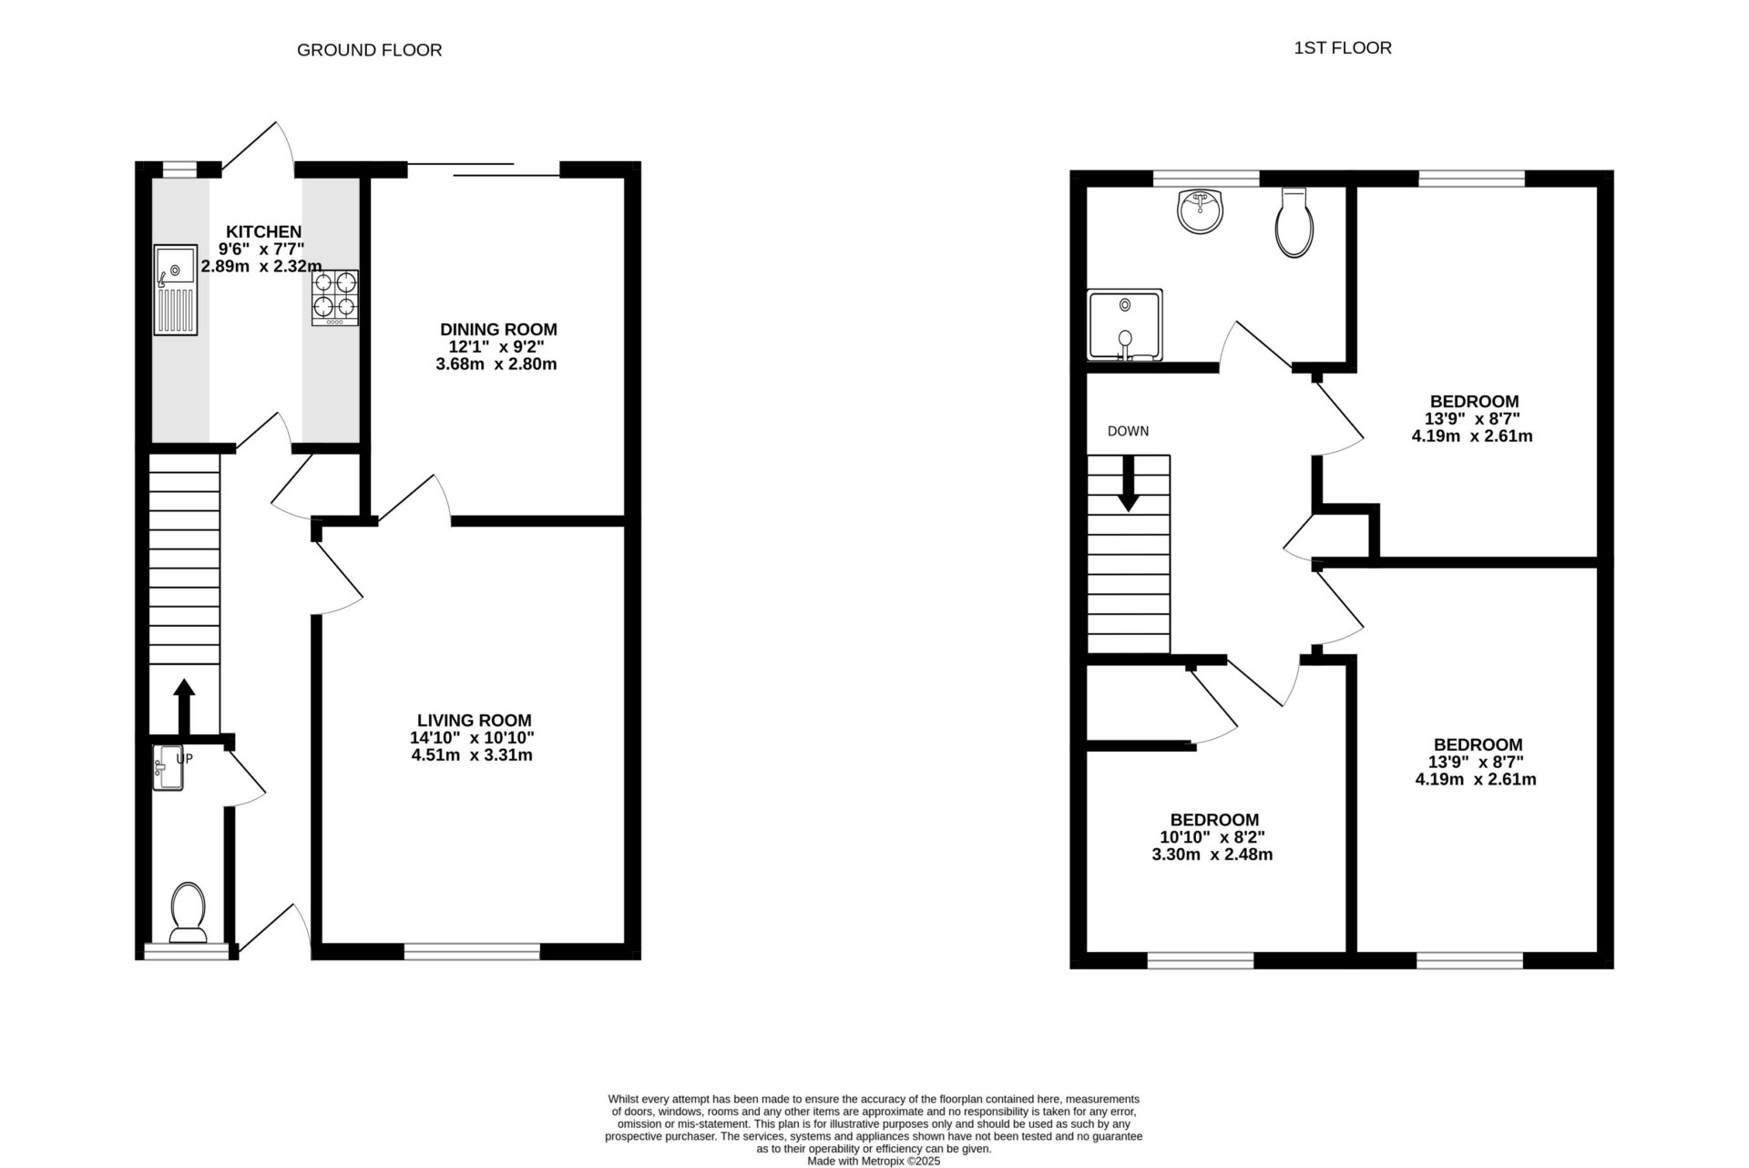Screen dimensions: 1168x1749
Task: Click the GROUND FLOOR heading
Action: point(369,50)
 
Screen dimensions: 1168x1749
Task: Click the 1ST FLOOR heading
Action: point(1342,48)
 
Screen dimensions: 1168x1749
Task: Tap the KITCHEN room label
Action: point(263,232)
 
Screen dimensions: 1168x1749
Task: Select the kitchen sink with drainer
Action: point(176,290)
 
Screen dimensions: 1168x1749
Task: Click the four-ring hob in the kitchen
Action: point(334,298)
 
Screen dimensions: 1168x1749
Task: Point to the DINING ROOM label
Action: point(497,330)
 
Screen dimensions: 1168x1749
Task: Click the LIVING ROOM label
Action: point(474,721)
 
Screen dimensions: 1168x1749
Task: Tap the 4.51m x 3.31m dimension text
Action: point(472,755)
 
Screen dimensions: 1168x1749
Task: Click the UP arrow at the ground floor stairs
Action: point(184,705)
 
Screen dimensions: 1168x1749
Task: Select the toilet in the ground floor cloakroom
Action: point(189,910)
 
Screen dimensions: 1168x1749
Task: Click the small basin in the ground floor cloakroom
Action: point(168,767)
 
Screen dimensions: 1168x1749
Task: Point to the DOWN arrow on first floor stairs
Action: point(1128,483)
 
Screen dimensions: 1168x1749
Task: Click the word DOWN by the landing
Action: point(1128,432)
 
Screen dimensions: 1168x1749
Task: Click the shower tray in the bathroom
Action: point(1124,325)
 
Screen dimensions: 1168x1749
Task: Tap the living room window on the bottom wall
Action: point(472,952)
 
